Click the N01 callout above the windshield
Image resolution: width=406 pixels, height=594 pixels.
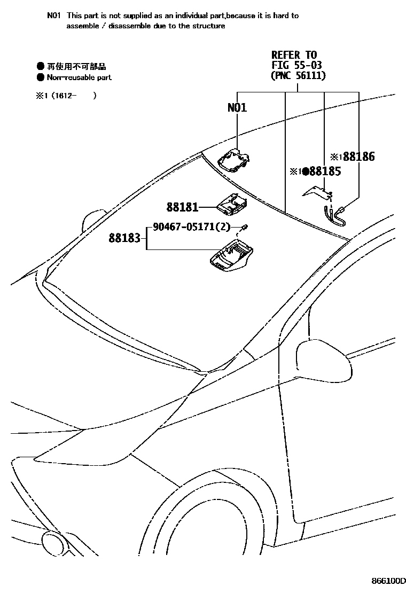point(237,108)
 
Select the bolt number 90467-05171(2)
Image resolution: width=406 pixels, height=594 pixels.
point(191,227)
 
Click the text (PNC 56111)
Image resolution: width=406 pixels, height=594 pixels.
point(298,76)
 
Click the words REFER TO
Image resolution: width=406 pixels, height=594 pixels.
point(294,55)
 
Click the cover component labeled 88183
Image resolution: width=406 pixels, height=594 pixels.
point(231,258)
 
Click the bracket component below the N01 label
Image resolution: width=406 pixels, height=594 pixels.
point(234,160)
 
